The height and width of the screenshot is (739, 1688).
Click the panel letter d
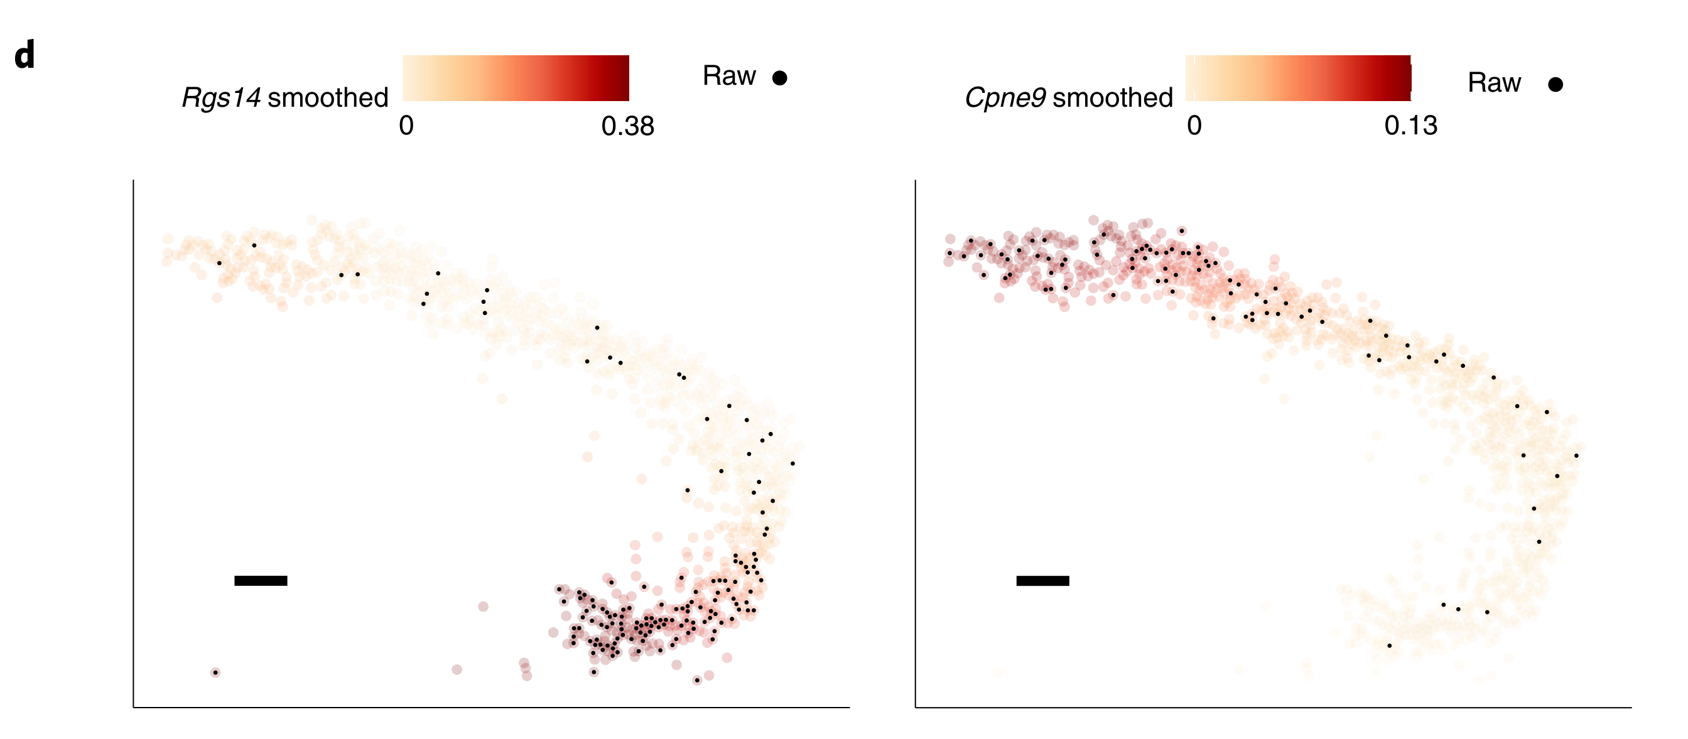click(24, 55)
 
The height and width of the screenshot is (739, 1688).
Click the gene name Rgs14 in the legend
click(221, 97)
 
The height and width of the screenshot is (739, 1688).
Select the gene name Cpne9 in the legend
click(1005, 97)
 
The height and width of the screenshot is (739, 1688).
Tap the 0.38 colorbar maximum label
click(627, 126)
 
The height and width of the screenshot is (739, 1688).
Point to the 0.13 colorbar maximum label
click(1410, 125)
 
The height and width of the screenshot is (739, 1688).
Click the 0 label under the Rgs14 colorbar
click(406, 125)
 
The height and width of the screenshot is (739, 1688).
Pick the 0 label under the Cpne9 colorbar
click(1194, 125)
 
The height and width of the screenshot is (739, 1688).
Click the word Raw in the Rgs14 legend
click(728, 76)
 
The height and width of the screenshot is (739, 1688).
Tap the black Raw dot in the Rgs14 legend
click(779, 78)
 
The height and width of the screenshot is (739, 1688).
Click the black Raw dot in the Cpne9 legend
click(1555, 85)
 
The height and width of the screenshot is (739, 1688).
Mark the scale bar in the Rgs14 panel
click(260, 580)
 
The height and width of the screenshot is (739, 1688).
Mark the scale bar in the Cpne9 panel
click(1042, 580)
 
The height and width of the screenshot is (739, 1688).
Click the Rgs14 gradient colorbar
click(515, 78)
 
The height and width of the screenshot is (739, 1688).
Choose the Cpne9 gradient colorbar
click(1297, 78)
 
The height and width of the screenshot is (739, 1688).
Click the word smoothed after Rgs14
click(328, 97)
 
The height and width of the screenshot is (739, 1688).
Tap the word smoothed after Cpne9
click(1112, 97)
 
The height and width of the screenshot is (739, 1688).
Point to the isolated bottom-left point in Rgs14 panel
click(215, 672)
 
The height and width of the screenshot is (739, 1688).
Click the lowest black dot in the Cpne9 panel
click(1388, 646)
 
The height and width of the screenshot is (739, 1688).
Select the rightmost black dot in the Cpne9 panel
click(1576, 455)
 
